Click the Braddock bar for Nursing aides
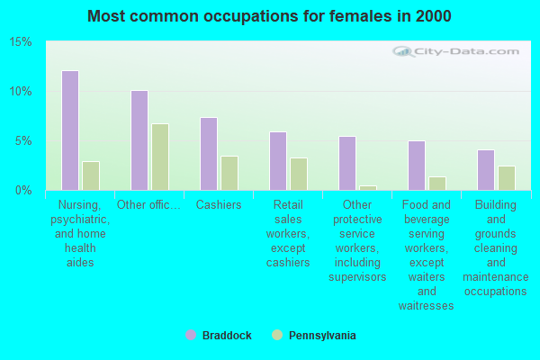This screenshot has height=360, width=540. (x=69, y=130)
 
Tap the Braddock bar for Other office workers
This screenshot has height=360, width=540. (x=139, y=140)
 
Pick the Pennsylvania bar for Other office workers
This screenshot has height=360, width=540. (x=159, y=157)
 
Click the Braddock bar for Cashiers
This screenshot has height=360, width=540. (x=208, y=154)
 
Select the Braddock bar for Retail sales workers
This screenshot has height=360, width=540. (x=277, y=161)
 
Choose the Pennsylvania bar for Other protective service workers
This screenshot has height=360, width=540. (x=367, y=187)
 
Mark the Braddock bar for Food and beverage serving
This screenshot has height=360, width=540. (x=416, y=166)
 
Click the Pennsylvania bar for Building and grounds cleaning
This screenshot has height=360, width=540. (x=506, y=178)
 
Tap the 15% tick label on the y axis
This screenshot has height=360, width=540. (x=21, y=42)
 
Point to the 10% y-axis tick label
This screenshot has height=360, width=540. (x=21, y=92)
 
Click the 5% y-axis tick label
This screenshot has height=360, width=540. (x=24, y=141)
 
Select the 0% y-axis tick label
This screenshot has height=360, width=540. (x=24, y=191)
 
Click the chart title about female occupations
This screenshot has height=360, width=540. (x=270, y=16)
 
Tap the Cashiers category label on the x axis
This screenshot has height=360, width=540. (x=219, y=205)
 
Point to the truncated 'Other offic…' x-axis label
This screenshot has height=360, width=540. (x=148, y=205)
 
